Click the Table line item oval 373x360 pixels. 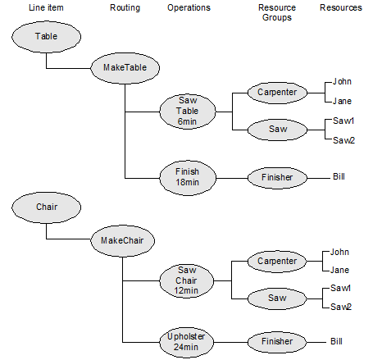(46, 37)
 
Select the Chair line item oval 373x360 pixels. (46, 207)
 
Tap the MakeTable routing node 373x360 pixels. (125, 68)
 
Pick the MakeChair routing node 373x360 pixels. (122, 241)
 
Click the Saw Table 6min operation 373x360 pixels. (188, 112)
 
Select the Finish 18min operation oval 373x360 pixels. (188, 178)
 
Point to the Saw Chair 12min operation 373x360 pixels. (186, 280)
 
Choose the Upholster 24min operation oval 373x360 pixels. (186, 342)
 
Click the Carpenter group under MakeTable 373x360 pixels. (277, 93)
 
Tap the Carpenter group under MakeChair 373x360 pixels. (277, 262)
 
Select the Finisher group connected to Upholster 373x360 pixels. (277, 342)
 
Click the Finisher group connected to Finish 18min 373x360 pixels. (277, 178)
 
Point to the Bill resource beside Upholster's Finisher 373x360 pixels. (336, 341)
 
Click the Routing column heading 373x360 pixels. (125, 7)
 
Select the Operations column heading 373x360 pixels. (189, 7)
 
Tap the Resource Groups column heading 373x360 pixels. (277, 12)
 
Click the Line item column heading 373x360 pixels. (46, 7)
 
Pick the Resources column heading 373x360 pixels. (341, 7)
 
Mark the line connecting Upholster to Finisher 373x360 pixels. (230, 342)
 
